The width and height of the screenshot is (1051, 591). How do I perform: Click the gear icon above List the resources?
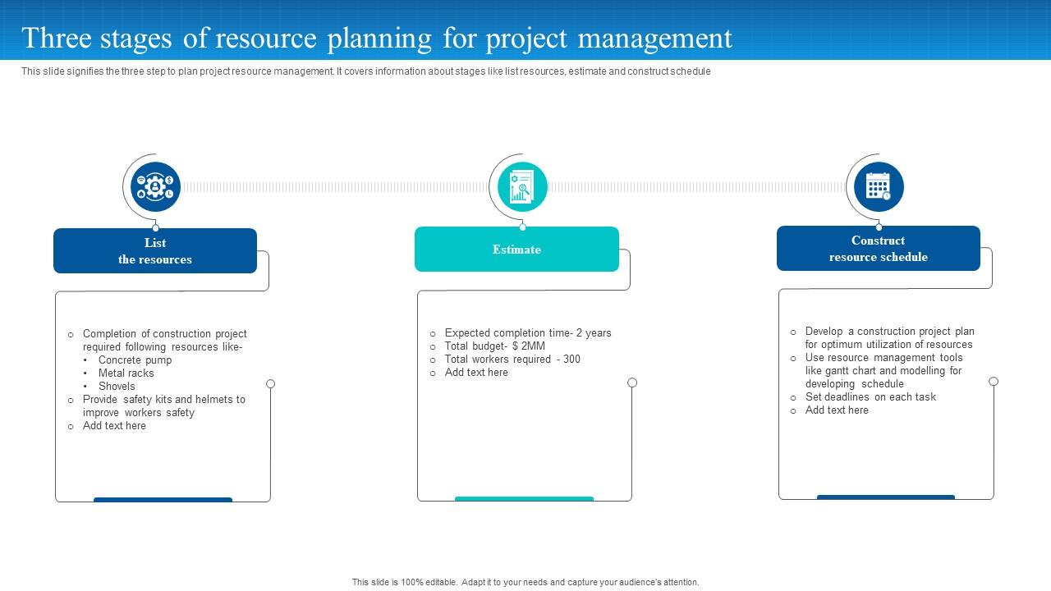coord(155,187)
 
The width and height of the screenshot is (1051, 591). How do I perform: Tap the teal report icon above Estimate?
coord(522,186)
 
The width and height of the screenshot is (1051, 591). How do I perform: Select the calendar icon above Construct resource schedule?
coord(879,186)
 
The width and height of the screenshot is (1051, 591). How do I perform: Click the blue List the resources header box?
coord(155,250)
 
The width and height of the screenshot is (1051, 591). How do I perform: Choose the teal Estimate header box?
coord(516,249)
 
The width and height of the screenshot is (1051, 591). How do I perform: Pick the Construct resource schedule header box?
coord(878,248)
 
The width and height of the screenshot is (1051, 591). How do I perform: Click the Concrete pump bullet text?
coord(135,360)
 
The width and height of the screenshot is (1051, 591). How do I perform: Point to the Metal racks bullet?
coord(126,373)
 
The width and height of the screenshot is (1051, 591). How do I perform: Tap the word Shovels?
coord(117,386)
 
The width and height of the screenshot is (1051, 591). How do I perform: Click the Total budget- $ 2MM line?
coord(494,346)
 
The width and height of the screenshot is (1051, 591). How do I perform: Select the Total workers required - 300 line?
coord(512,359)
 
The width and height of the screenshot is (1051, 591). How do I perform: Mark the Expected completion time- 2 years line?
coord(527,332)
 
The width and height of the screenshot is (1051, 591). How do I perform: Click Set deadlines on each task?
coord(870,396)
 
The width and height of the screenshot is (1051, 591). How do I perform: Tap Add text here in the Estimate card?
coord(476,372)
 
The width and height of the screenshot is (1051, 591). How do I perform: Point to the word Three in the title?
coord(56,38)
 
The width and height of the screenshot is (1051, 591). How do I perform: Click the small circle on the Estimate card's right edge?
coord(632,383)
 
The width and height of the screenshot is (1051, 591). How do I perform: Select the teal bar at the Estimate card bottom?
coord(524,498)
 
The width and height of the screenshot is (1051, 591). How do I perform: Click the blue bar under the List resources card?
coord(163,499)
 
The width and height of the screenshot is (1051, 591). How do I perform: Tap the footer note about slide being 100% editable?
coord(525,582)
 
